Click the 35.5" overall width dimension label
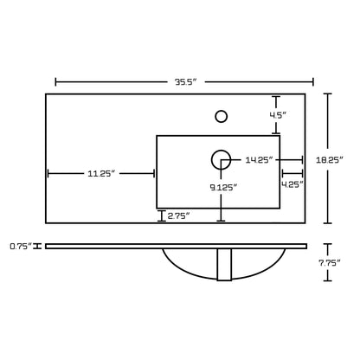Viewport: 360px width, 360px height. click(185, 82)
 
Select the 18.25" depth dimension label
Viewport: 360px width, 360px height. click(330, 159)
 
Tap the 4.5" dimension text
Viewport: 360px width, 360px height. click(278, 115)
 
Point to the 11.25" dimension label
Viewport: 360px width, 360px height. click(101, 173)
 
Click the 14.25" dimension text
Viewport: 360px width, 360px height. click(259, 159)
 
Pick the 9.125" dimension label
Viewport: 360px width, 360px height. click(223, 188)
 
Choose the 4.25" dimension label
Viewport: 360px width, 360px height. click(292, 184)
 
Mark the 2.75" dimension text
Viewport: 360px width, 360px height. click(178, 215)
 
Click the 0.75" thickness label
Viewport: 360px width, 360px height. click(21, 246)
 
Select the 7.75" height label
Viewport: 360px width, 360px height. click(330, 262)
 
